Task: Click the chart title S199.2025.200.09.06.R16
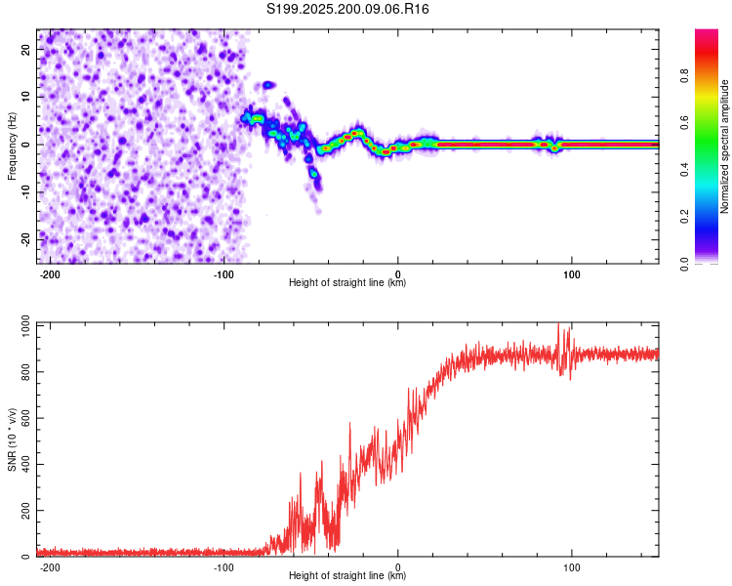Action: (347, 9)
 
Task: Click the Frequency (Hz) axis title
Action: (12, 146)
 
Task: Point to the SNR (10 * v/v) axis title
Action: (12, 439)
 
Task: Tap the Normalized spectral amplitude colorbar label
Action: (724, 146)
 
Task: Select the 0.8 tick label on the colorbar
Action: (684, 76)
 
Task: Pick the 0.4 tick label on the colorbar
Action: (684, 170)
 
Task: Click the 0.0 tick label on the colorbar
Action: (684, 264)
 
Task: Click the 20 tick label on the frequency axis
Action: (25, 49)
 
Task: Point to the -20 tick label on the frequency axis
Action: (25, 239)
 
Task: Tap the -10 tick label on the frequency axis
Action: (25, 192)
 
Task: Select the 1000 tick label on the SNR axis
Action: (25, 326)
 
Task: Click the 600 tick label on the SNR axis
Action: (25, 418)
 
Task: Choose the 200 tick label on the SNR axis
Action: (25, 510)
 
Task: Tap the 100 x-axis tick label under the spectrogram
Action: (571, 274)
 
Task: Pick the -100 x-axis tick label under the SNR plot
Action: (224, 567)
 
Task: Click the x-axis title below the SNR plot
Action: (347, 575)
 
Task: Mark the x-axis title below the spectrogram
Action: (347, 282)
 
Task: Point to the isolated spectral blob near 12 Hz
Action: (268, 85)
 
